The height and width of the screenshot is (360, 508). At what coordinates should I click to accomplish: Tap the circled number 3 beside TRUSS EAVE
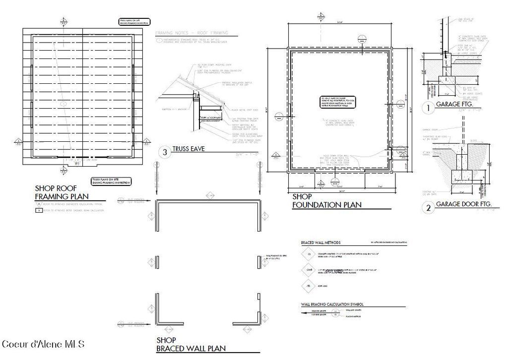(x=165, y=152)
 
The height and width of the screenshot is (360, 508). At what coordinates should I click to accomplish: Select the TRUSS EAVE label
(x=189, y=149)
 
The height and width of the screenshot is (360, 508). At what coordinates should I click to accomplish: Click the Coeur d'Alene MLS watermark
(x=43, y=344)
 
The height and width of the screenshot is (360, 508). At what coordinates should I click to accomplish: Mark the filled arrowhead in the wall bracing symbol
(x=303, y=313)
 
